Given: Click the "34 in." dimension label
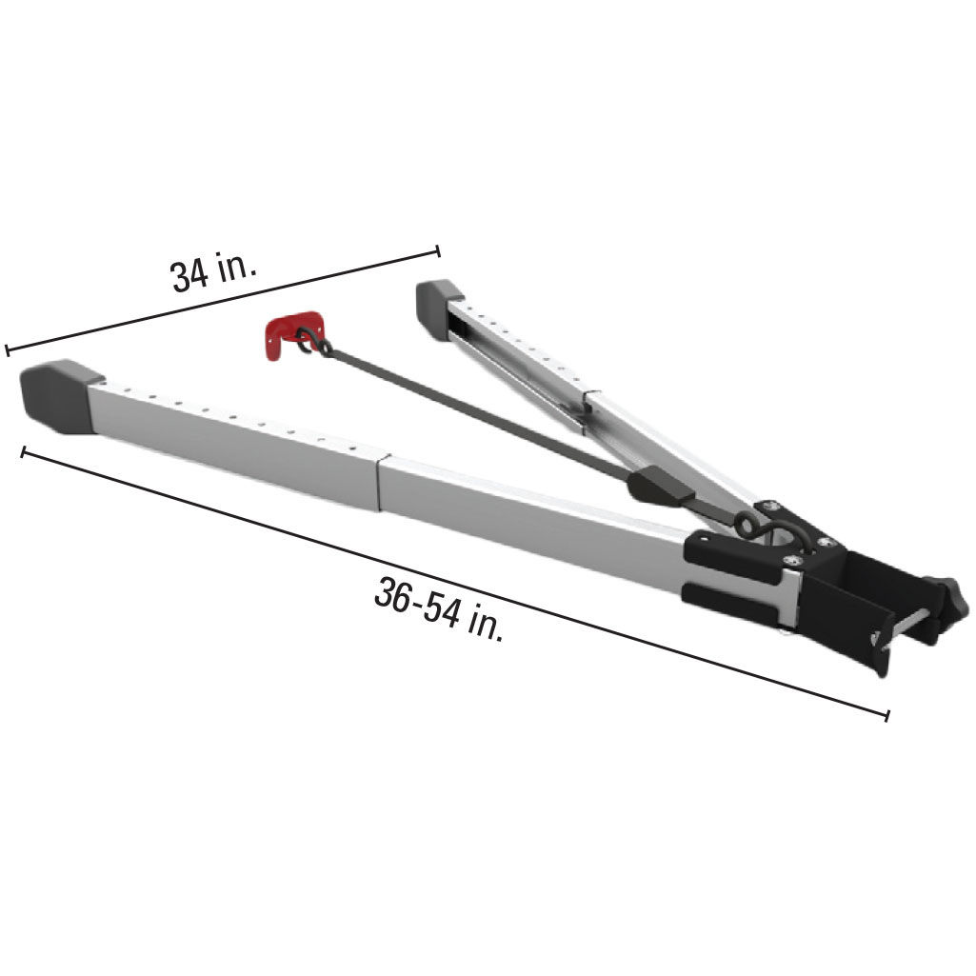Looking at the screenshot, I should point(213,273).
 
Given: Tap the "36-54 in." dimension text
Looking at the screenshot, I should point(439,610).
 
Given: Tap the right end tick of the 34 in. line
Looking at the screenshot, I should point(438,250).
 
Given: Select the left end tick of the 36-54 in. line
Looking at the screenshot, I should point(23,450).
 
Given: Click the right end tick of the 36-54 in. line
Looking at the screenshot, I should point(887,715).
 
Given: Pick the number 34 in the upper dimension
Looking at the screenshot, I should point(187,277).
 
